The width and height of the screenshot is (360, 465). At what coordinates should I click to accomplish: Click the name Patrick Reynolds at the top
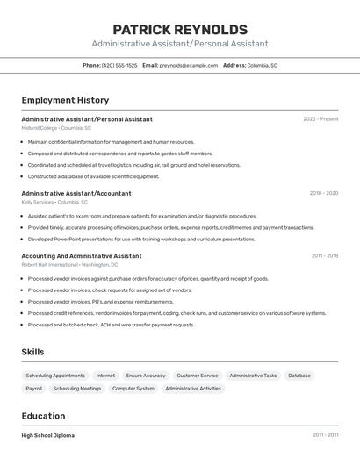point(180,29)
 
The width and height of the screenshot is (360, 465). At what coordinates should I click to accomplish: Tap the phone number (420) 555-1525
point(119,65)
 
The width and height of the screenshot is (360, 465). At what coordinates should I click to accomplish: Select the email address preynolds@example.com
point(189,65)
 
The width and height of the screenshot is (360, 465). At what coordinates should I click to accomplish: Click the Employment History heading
point(65,100)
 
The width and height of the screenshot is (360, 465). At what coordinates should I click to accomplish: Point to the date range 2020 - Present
point(320,119)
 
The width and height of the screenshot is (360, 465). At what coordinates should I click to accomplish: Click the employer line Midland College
point(56,128)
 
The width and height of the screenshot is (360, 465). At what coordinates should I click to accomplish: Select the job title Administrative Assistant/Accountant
point(76,193)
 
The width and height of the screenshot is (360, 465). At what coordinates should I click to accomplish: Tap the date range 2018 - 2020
point(323,193)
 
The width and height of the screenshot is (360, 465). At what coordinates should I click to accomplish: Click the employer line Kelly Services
point(55,202)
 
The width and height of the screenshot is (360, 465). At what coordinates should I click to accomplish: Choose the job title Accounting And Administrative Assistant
point(82,256)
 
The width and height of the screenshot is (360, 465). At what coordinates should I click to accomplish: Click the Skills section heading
point(32,352)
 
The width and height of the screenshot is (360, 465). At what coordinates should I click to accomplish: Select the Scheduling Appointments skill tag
point(55,376)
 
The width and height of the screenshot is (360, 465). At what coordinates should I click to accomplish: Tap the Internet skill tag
point(105,376)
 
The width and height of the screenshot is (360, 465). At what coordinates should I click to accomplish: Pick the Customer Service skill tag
point(198,376)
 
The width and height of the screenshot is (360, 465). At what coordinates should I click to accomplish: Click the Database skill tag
point(299,376)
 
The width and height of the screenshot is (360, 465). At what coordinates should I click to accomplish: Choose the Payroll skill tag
point(34,388)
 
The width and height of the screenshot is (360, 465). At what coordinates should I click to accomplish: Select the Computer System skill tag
point(133,388)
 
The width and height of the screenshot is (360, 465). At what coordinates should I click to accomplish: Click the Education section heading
point(43,416)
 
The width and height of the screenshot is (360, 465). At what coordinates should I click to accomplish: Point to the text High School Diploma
point(48,435)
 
